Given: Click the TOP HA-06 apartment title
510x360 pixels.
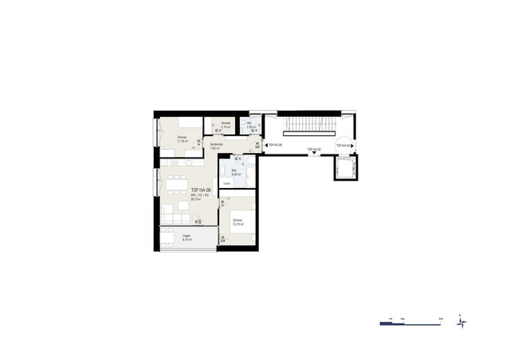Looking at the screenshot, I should pos(201,190).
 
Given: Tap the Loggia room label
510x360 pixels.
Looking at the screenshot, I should pos(186,237).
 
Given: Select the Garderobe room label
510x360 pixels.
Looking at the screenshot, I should pos(216,144).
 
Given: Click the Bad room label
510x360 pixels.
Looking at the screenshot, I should pos(233,172).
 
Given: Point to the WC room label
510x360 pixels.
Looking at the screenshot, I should pos(250,126).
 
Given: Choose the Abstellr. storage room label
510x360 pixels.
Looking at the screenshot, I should pos(226,124).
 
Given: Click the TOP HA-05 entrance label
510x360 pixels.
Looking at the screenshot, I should pos(312,149).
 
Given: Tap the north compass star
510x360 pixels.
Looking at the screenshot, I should pos(461,322).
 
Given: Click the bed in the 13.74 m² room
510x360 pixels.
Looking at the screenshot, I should pos(243,228).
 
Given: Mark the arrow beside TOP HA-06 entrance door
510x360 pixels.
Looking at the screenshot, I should pos(265,146).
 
